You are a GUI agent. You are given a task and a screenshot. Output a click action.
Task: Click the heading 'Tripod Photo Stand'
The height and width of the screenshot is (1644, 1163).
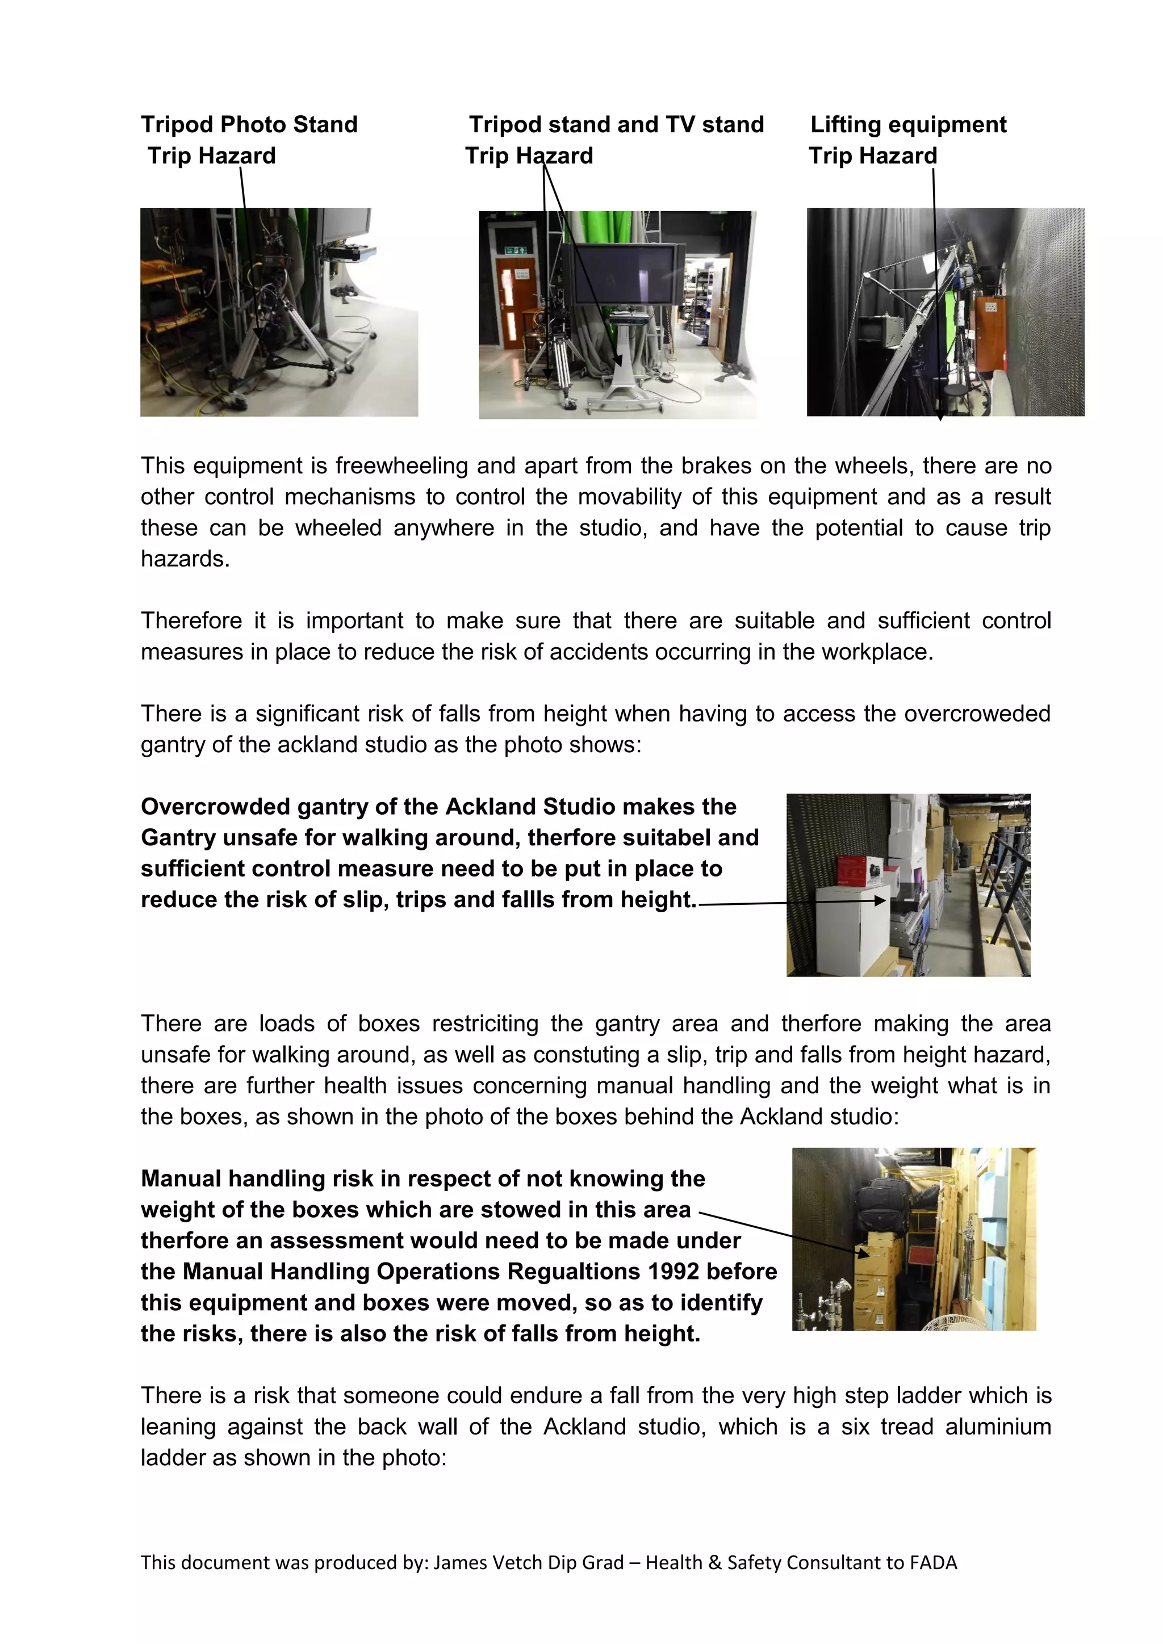coord(249,124)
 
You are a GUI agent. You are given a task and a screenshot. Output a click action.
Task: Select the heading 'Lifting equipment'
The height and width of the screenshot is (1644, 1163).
coord(908,124)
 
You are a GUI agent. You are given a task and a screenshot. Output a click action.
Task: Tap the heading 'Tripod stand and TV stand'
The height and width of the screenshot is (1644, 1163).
coord(616,124)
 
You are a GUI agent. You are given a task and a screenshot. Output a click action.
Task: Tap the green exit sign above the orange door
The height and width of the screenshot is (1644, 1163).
coord(515,250)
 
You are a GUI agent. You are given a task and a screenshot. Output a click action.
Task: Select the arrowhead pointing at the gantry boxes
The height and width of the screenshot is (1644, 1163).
coord(881,901)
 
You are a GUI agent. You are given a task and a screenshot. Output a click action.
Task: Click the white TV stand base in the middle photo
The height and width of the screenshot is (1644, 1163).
coord(617,390)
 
